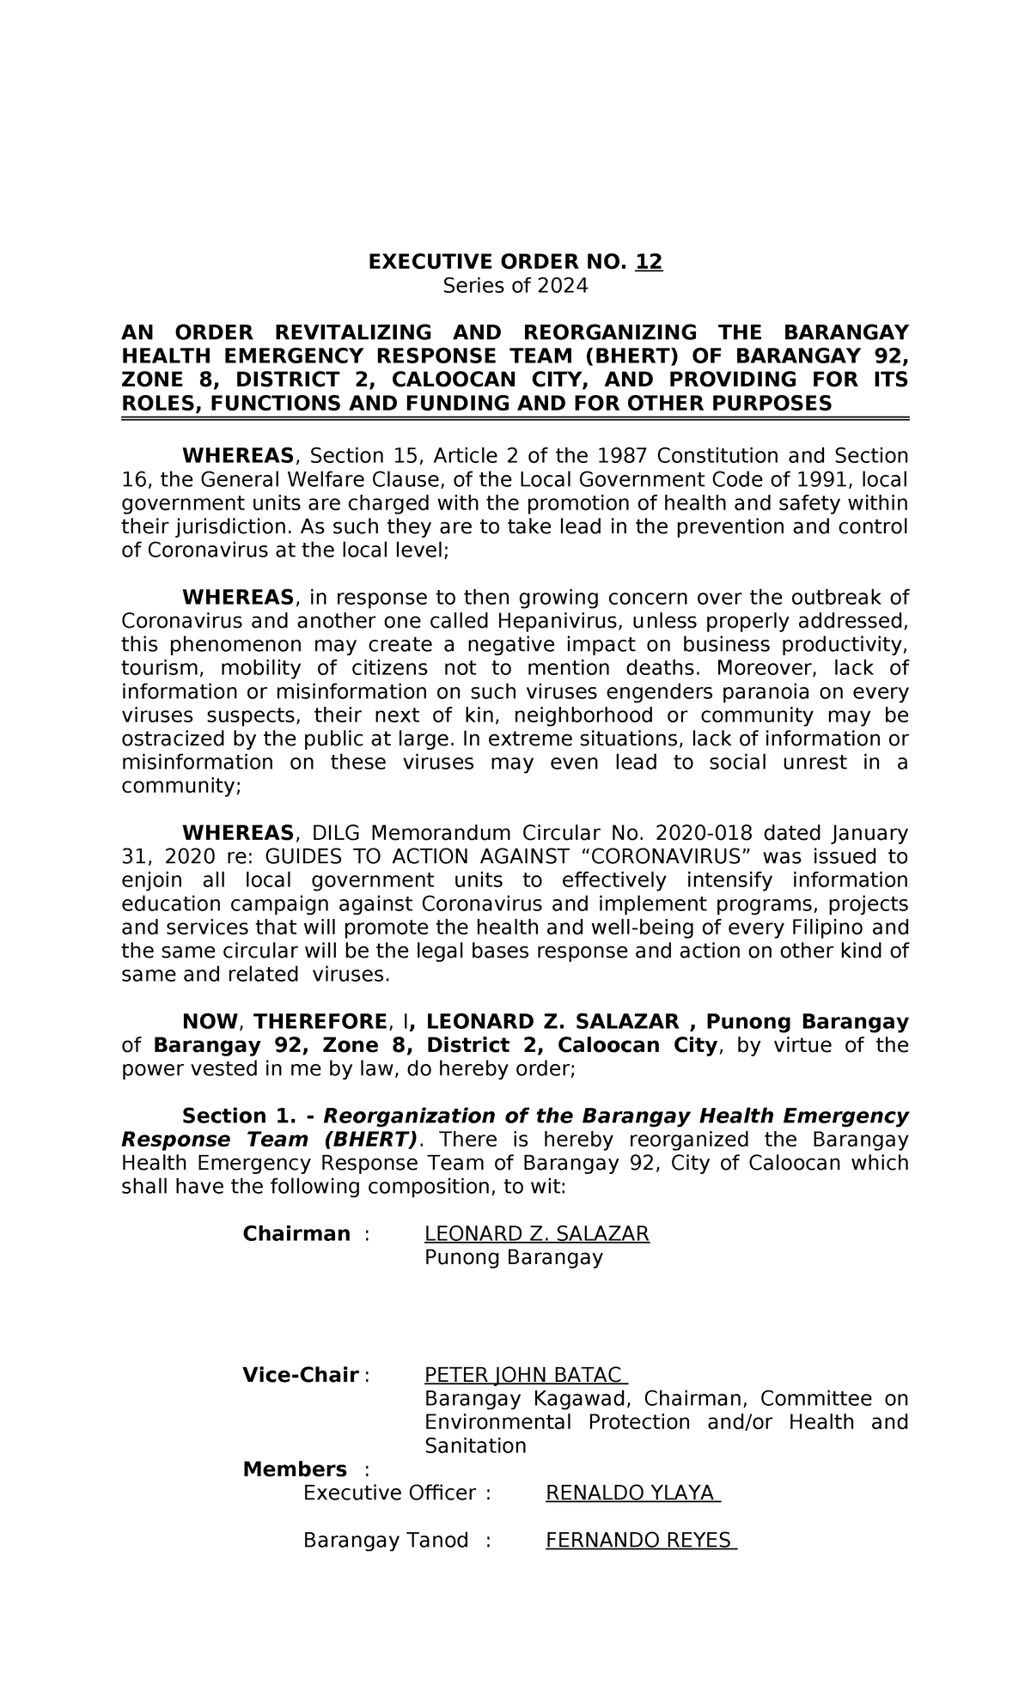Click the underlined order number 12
tap(649, 262)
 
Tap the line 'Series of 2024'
tap(515, 286)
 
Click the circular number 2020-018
tap(704, 832)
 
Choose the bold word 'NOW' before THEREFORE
tap(210, 1021)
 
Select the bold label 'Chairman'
tap(296, 1234)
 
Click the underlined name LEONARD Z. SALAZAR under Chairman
tap(537, 1234)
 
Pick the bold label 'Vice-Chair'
tap(300, 1375)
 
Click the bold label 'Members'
tap(295, 1469)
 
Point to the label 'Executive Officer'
tap(389, 1493)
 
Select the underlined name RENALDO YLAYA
tap(631, 1493)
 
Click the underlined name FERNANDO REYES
tap(639, 1541)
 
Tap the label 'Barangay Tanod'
tap(386, 1541)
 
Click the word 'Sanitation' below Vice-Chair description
tap(475, 1446)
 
